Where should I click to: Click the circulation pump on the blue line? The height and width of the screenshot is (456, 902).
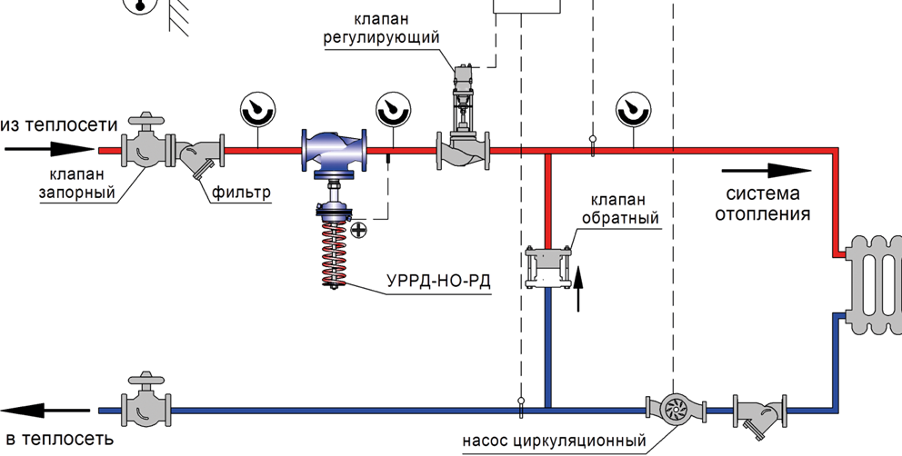click(x=674, y=409)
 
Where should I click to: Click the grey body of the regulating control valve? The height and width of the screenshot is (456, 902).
click(x=464, y=151)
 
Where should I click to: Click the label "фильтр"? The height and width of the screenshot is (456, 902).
click(x=242, y=193)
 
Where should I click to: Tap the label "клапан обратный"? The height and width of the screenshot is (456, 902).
click(x=620, y=209)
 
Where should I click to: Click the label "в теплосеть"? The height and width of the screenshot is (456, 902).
click(x=56, y=441)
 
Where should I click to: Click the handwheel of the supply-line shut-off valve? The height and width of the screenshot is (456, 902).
click(x=146, y=120)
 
